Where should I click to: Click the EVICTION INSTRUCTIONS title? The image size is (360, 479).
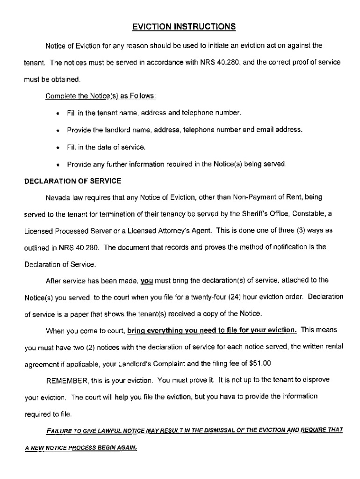point(183,27)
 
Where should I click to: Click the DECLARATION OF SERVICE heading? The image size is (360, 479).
point(72,181)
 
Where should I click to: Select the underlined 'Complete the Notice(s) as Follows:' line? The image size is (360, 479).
point(101,96)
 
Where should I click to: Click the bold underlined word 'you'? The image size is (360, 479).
point(147,280)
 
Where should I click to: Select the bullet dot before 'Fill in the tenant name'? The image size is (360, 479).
point(56,114)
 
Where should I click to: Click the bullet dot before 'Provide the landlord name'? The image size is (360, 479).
point(56,131)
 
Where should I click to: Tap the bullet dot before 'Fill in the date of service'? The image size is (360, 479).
point(56,147)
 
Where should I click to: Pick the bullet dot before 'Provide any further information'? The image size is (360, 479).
point(56,164)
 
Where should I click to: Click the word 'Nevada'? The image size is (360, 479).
point(57,197)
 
